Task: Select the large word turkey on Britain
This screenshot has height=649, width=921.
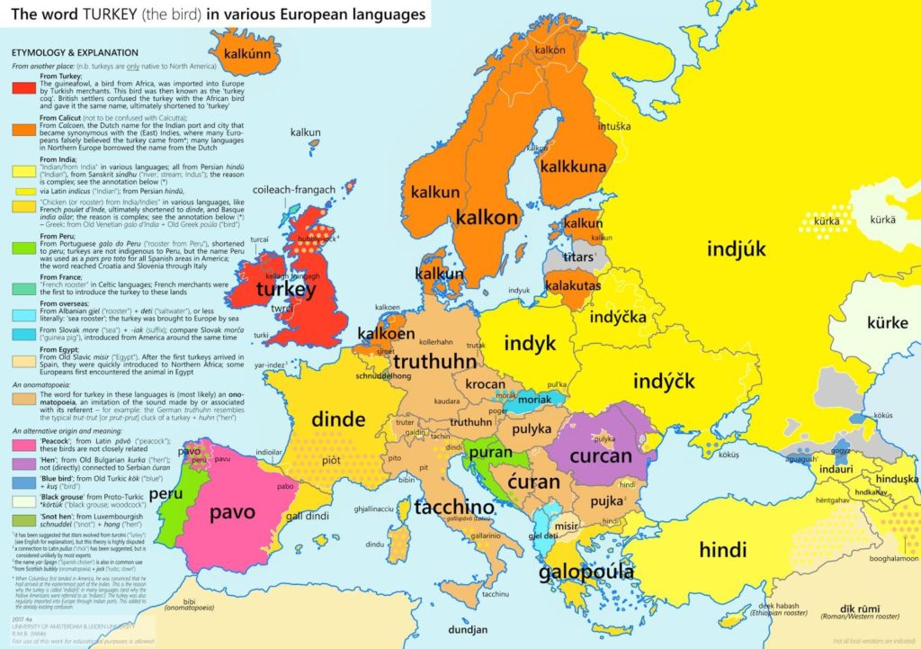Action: (285, 290)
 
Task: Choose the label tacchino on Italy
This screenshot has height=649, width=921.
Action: (454, 507)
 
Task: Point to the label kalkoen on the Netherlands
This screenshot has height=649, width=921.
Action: (387, 334)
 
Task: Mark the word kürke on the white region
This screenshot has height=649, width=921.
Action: (888, 322)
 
